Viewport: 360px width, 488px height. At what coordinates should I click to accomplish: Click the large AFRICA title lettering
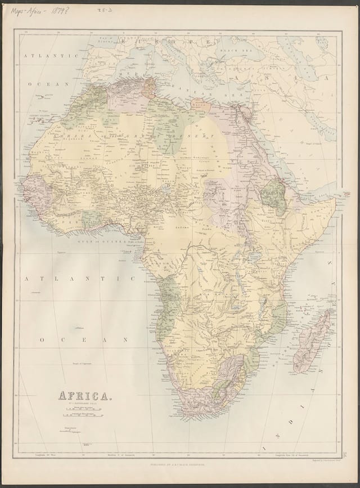[x=85, y=395]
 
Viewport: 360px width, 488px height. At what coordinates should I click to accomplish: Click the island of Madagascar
[x=312, y=343]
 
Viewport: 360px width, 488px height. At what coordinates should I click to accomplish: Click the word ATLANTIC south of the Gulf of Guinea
[x=79, y=278]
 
